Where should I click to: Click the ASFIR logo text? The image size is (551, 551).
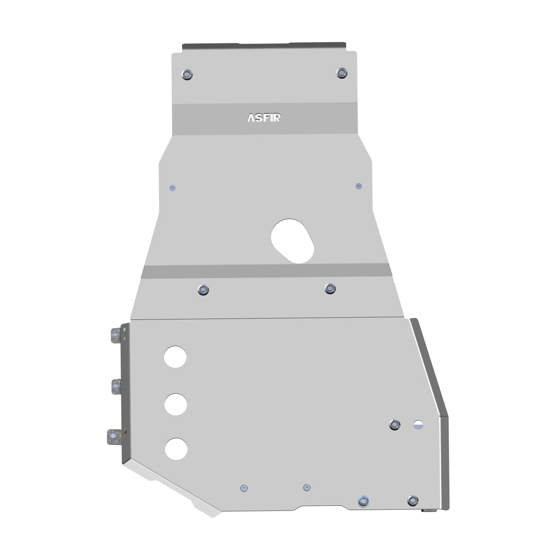pos(264,118)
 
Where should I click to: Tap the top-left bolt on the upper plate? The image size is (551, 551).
pos(187,74)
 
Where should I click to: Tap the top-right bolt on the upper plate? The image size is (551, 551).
pos(341,72)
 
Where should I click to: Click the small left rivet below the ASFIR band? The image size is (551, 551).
pos(173,188)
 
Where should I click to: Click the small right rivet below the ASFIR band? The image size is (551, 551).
pos(359,186)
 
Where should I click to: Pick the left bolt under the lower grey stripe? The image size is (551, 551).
pos(203,290)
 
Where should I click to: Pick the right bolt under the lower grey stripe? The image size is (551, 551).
pos(330,288)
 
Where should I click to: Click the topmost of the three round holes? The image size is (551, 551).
pos(175,356)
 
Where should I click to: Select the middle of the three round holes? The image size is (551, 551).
pos(176,404)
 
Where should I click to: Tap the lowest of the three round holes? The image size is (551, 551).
pos(176,449)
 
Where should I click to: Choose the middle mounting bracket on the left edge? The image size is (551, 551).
pos(115,387)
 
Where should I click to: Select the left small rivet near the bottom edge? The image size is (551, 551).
pos(244,488)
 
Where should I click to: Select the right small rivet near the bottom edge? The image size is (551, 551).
pos(306,487)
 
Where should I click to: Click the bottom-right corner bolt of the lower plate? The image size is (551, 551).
pos(412,501)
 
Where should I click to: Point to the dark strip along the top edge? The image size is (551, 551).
pos(264,46)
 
